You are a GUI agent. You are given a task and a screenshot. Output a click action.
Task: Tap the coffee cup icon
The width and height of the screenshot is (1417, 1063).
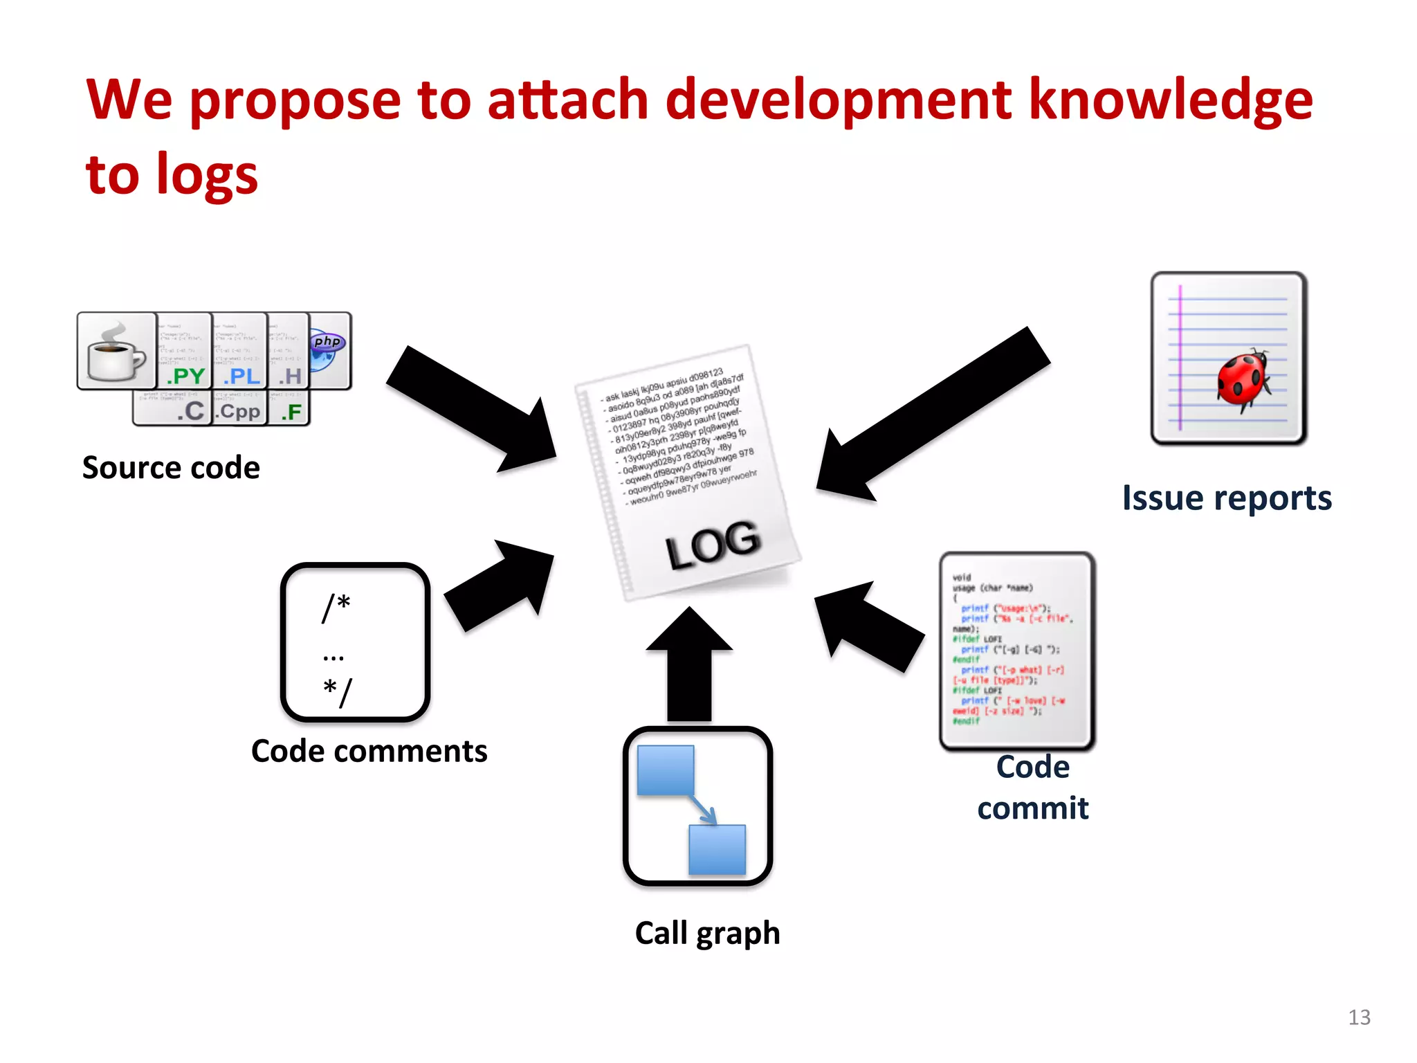116,351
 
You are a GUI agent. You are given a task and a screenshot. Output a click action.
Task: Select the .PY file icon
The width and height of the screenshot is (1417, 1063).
184,351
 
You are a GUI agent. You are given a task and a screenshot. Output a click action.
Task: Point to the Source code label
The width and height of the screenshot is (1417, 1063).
171,468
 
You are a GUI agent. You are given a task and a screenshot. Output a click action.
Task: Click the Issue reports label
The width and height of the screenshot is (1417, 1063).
1227,498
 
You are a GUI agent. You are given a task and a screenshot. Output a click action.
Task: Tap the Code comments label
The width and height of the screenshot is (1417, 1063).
369,751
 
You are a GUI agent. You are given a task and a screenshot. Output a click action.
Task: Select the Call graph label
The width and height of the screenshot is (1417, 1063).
707,933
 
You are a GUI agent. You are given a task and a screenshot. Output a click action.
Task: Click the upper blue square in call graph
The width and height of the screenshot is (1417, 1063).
665,770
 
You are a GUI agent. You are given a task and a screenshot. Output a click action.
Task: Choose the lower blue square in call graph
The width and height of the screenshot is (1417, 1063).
717,849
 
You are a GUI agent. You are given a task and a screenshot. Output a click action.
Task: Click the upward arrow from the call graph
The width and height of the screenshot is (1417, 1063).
689,664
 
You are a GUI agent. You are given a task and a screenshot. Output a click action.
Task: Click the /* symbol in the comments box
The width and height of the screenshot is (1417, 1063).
336,608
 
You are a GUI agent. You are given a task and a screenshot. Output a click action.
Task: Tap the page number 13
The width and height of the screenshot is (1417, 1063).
1359,1017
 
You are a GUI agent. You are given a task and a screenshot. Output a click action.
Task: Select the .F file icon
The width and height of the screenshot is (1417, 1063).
289,409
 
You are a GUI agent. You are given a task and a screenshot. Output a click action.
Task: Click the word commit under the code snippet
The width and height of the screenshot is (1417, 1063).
1032,808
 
